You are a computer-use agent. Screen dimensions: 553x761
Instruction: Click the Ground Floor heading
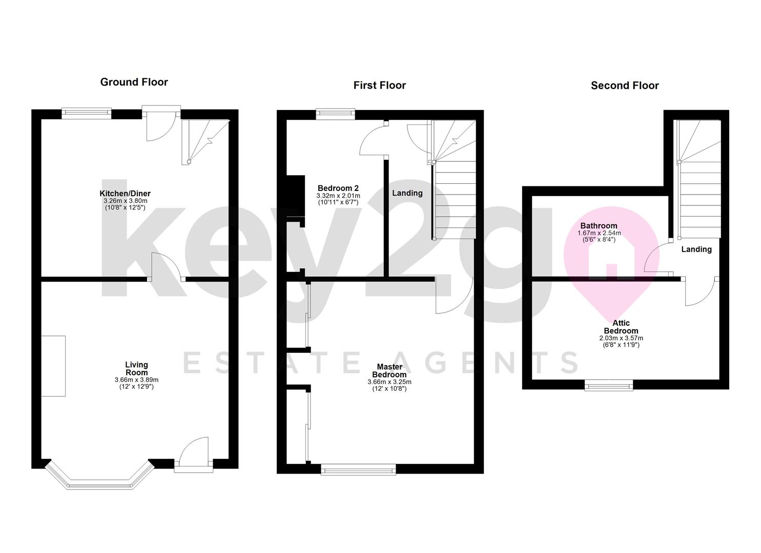point(134,82)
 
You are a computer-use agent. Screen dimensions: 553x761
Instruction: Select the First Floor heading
point(379,86)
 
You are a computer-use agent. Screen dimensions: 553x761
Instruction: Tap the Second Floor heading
point(624,86)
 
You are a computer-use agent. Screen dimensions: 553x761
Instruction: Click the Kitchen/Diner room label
point(125,194)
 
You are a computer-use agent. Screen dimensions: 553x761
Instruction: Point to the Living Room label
point(136,368)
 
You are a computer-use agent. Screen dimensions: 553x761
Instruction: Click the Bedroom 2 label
point(338,188)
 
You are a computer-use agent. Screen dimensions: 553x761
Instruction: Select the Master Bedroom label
point(389,370)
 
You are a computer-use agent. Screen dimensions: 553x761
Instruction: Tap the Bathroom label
point(598,226)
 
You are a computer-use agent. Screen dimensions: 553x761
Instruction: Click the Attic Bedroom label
point(621,327)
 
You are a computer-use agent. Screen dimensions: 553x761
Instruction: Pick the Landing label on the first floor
point(407,193)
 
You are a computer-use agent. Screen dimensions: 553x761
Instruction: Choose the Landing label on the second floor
point(696,249)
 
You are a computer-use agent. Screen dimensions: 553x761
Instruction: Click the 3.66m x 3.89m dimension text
point(136,380)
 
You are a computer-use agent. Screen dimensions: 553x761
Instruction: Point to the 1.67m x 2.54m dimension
point(598,233)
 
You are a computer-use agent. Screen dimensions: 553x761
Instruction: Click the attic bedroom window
point(609,385)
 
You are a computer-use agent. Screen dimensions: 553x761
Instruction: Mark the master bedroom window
point(358,469)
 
